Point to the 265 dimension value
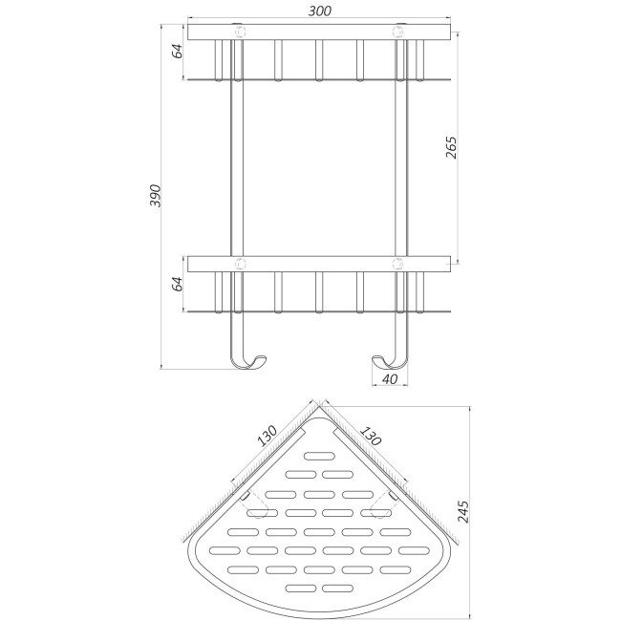pos(452,146)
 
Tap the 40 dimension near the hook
pos(389,378)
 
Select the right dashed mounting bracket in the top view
pos(388,501)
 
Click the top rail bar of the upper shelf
pos(320,32)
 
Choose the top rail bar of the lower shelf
pos(320,263)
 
